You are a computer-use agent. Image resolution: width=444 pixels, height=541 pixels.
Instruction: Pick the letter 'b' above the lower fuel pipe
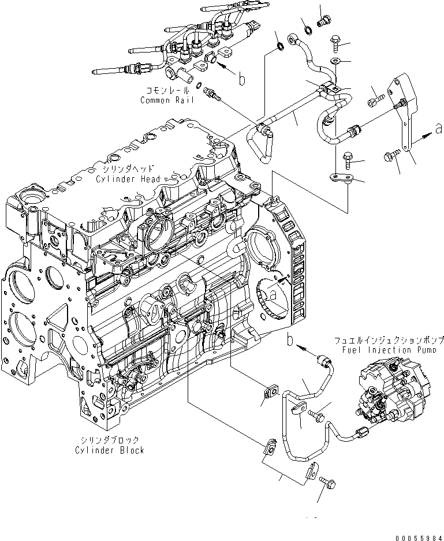point(290,339)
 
